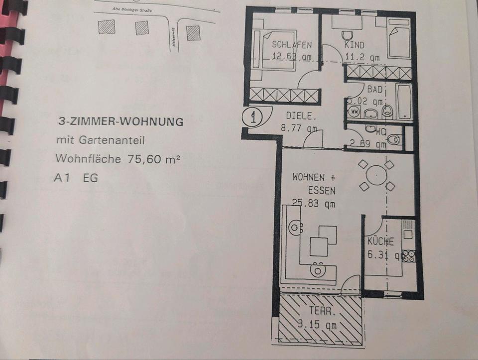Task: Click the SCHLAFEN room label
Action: coord(291,45)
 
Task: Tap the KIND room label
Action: coord(354,45)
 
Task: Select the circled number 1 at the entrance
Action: coord(254,118)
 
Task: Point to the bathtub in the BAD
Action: coord(404,101)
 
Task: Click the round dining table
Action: coord(377,175)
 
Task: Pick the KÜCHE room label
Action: coord(380,241)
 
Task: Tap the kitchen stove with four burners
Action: coord(409,255)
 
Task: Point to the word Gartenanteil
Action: coord(114,141)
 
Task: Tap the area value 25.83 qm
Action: coord(314,203)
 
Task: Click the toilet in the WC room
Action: coord(393,139)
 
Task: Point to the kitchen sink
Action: coord(408,230)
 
